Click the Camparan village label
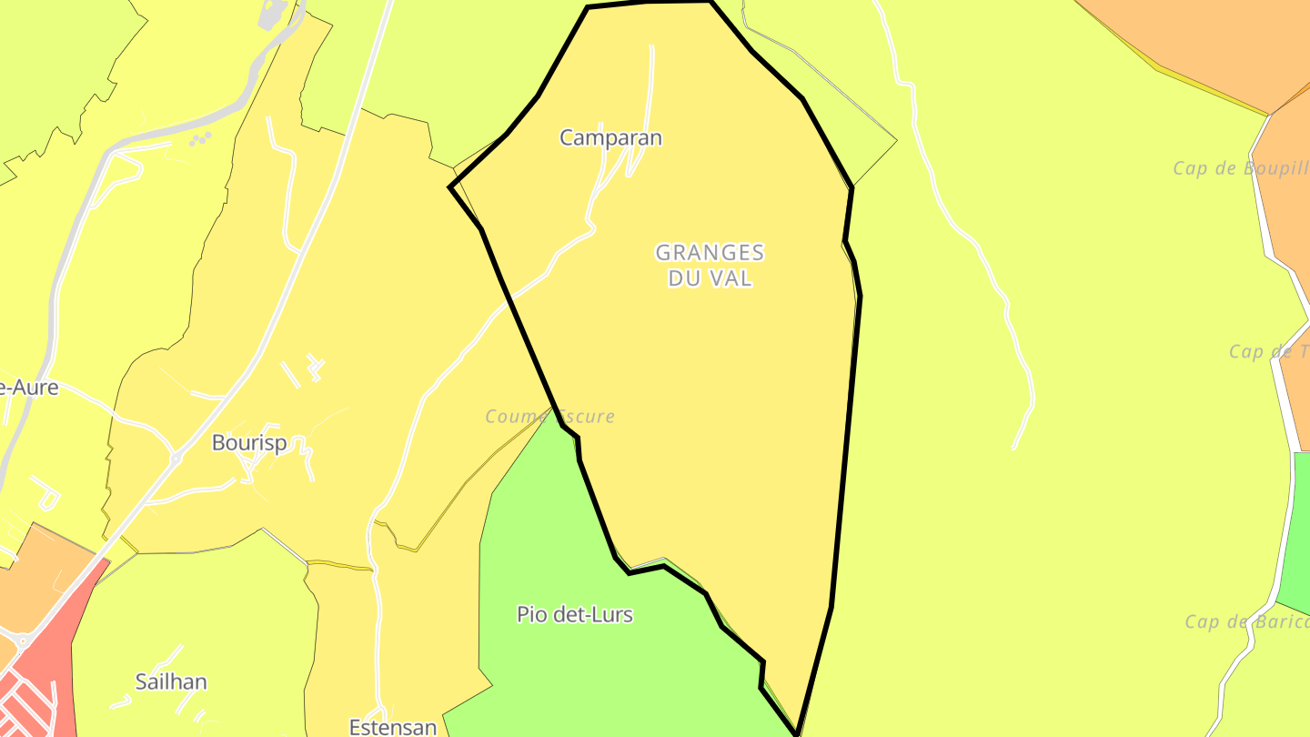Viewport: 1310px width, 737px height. [x=610, y=138]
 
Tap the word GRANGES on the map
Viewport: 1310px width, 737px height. [x=710, y=253]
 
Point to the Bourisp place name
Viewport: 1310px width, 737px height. [x=249, y=443]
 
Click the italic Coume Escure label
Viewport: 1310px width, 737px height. [x=549, y=417]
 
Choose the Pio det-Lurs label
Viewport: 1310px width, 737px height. [x=574, y=615]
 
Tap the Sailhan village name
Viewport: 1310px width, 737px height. [x=171, y=681]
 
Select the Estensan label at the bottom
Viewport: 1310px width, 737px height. [x=393, y=727]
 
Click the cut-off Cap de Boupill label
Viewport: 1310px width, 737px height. [x=1240, y=168]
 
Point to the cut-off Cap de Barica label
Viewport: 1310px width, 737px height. [x=1246, y=622]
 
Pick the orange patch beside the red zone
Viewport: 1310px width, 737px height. [x=32, y=582]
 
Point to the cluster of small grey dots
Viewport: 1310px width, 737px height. [x=200, y=139]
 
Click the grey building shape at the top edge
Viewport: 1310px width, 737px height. [x=274, y=13]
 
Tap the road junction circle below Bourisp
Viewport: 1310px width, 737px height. [x=175, y=459]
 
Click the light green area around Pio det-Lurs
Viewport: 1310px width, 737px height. [x=564, y=546]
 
